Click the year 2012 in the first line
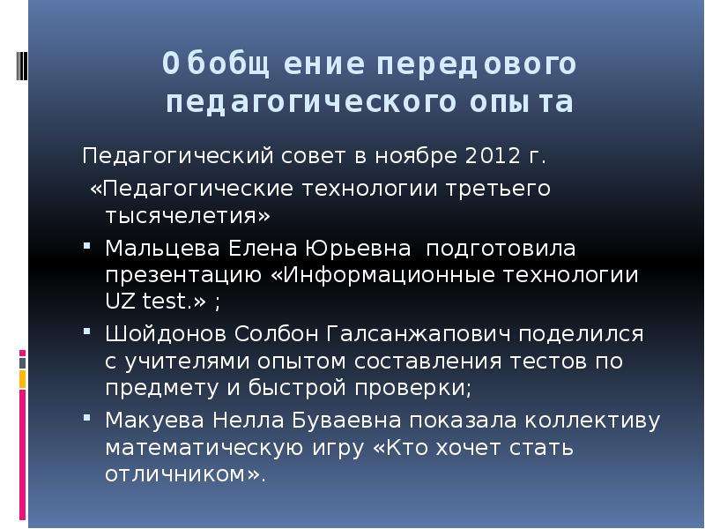(492, 156)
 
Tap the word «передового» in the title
(476, 63)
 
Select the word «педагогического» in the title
(311, 102)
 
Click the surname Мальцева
(162, 249)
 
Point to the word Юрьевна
(358, 249)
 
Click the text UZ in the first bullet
(120, 301)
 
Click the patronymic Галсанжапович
(419, 334)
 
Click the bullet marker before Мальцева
(87, 246)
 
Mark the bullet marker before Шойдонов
(87, 332)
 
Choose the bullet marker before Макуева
(87, 418)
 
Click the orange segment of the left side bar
(23, 379)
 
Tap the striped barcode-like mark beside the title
(21, 65)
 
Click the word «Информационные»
(383, 275)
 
